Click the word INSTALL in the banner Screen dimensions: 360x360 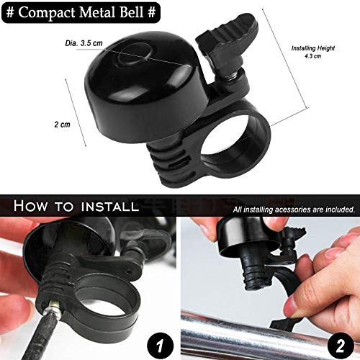[102, 207]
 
